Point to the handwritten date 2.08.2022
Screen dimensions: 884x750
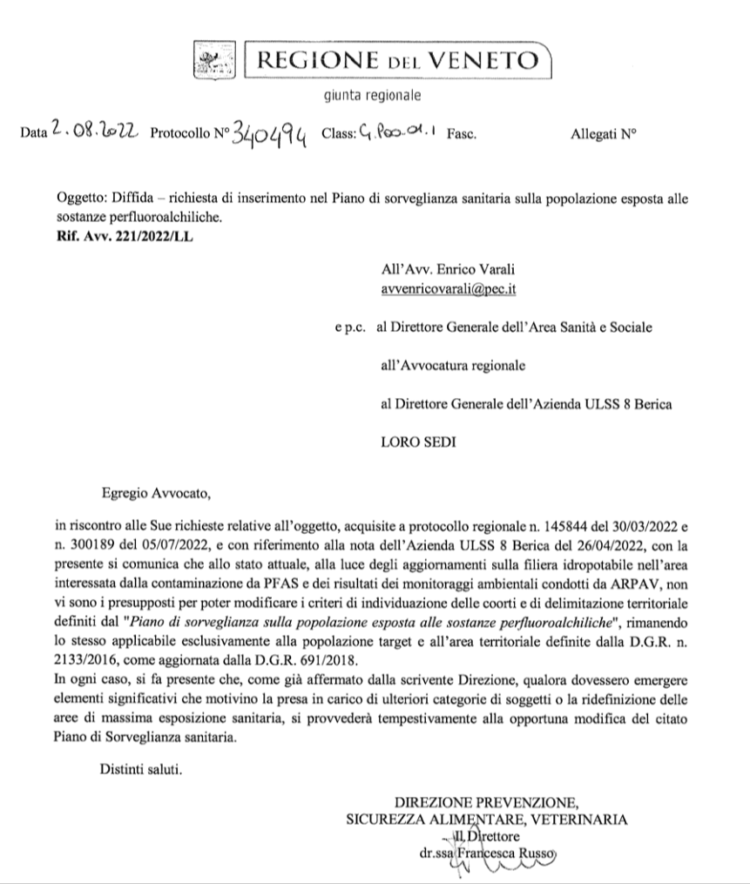(x=91, y=133)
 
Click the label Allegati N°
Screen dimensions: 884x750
(x=603, y=135)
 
